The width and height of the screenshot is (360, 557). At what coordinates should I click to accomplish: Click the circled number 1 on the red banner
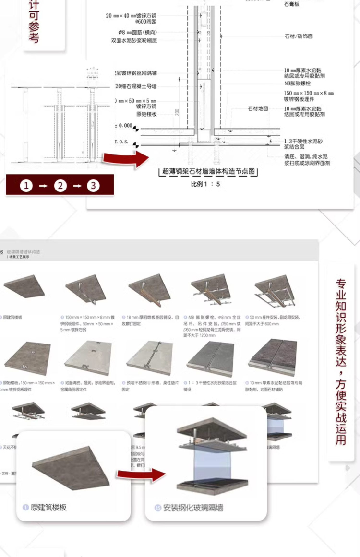coord(26,185)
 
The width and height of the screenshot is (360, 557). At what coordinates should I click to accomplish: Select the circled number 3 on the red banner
coord(93,185)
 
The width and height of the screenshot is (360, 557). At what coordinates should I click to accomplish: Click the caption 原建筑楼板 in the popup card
coord(49,507)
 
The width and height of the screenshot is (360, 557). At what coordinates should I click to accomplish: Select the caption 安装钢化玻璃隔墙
coord(193,508)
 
